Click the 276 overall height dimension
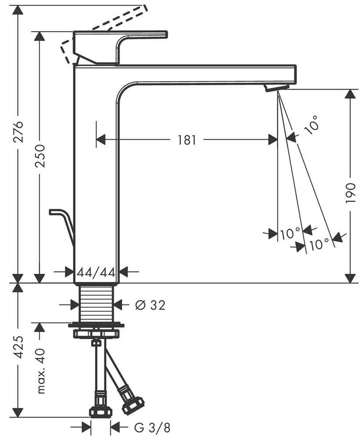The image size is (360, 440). coord(18,132)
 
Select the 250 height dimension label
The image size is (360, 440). coord(40,156)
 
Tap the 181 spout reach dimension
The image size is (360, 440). coord(187,139)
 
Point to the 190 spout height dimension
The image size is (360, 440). coord(350,193)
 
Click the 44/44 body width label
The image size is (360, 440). coord(96,272)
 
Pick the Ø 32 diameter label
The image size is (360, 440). coord(150,305)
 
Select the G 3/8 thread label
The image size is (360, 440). coord(152,428)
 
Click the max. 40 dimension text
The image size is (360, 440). coord(41,371)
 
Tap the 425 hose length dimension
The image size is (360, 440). coord(18,347)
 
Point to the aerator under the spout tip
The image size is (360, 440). coord(276,87)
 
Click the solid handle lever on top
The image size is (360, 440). coord(120,48)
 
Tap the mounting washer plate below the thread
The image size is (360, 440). coord(96,325)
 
